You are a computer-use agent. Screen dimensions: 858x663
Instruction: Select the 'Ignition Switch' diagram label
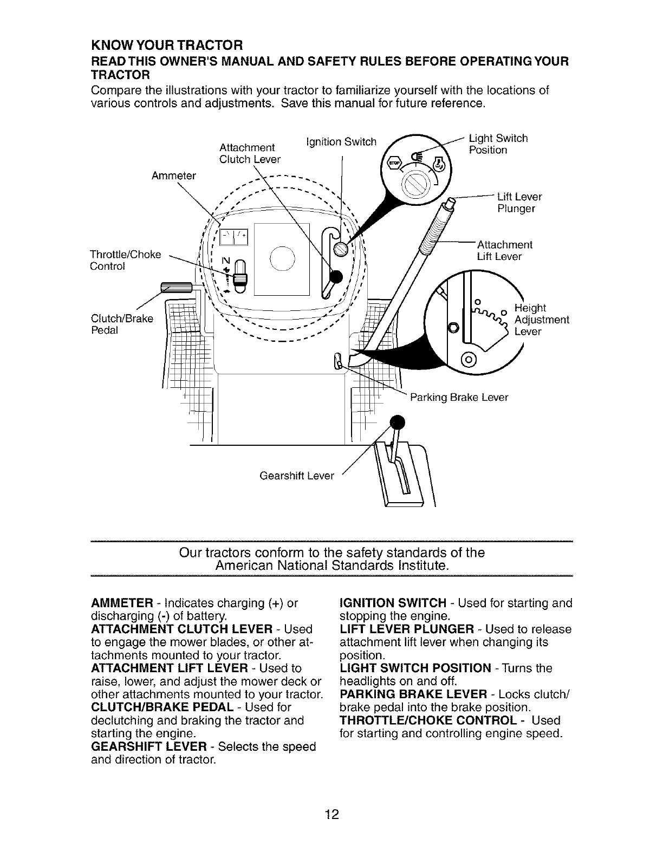tap(341, 142)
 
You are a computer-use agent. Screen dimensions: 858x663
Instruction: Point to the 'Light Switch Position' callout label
tap(498, 144)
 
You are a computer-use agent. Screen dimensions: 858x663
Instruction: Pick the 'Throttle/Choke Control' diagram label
tap(125, 261)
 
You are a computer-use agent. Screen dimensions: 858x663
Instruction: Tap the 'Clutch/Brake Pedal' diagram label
tap(122, 324)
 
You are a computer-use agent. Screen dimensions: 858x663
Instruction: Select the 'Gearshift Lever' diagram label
tap(297, 476)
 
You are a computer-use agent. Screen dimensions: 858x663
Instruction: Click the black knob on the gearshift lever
tap(397, 421)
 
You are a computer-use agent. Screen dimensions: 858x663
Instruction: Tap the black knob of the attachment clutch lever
tap(336, 276)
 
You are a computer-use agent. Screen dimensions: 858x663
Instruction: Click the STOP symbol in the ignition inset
tap(393, 163)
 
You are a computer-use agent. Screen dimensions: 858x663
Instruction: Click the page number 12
tap(331, 814)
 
